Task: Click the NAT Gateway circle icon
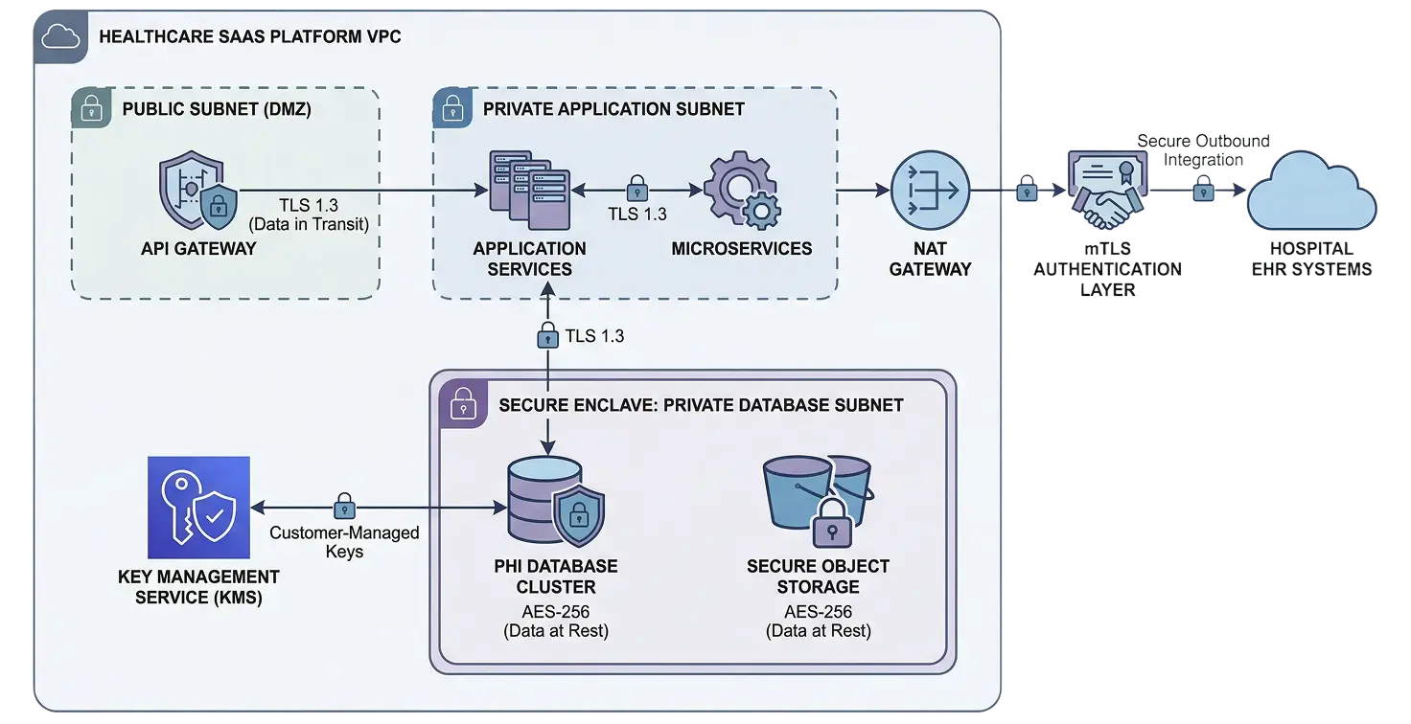pyautogui.click(x=930, y=192)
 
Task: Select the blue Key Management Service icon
pyautogui.click(x=198, y=508)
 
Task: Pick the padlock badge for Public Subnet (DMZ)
pyautogui.click(x=91, y=108)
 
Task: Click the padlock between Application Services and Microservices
pyautogui.click(x=636, y=188)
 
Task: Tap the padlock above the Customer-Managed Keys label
pyautogui.click(x=344, y=506)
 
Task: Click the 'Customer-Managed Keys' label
pyautogui.click(x=344, y=542)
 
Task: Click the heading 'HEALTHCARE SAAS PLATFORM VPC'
pyautogui.click(x=250, y=37)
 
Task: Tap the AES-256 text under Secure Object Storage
pyautogui.click(x=818, y=611)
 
